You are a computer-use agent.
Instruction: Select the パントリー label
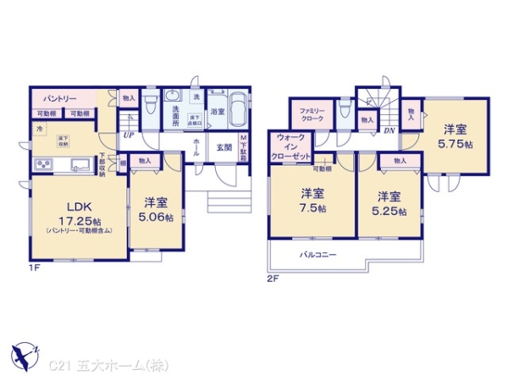click(x=57, y=99)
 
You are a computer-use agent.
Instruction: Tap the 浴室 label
click(x=218, y=111)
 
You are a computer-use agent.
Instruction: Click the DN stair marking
click(x=389, y=130)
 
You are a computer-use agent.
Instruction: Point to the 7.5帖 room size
click(x=312, y=208)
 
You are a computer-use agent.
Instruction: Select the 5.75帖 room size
click(x=456, y=144)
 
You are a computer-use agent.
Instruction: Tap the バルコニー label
click(x=317, y=253)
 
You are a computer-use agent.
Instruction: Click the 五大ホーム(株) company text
click(x=116, y=366)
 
